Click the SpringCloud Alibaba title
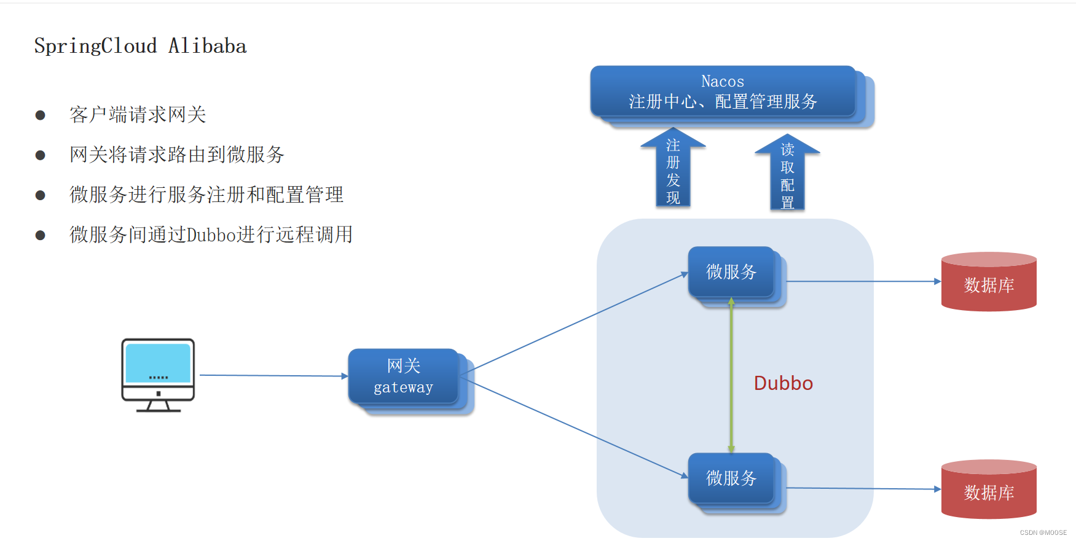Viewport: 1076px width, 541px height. point(140,46)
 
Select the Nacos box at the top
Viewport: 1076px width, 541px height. point(723,91)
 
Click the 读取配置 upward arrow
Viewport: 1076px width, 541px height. point(787,174)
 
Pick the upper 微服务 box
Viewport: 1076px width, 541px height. point(731,272)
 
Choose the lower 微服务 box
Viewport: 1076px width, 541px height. point(731,478)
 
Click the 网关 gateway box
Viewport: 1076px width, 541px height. point(404,376)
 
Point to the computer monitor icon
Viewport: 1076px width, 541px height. point(158,374)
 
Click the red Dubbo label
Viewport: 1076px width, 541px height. point(783,383)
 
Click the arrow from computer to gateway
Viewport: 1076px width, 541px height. point(273,375)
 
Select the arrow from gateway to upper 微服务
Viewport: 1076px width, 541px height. point(578,322)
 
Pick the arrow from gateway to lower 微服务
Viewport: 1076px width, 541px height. point(578,428)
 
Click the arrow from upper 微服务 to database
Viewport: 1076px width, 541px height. point(863,281)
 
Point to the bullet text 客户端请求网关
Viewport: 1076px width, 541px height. point(138,115)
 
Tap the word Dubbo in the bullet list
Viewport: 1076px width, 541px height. point(211,235)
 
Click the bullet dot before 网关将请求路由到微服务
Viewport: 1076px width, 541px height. point(41,155)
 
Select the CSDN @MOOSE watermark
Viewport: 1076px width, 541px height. point(1043,532)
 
